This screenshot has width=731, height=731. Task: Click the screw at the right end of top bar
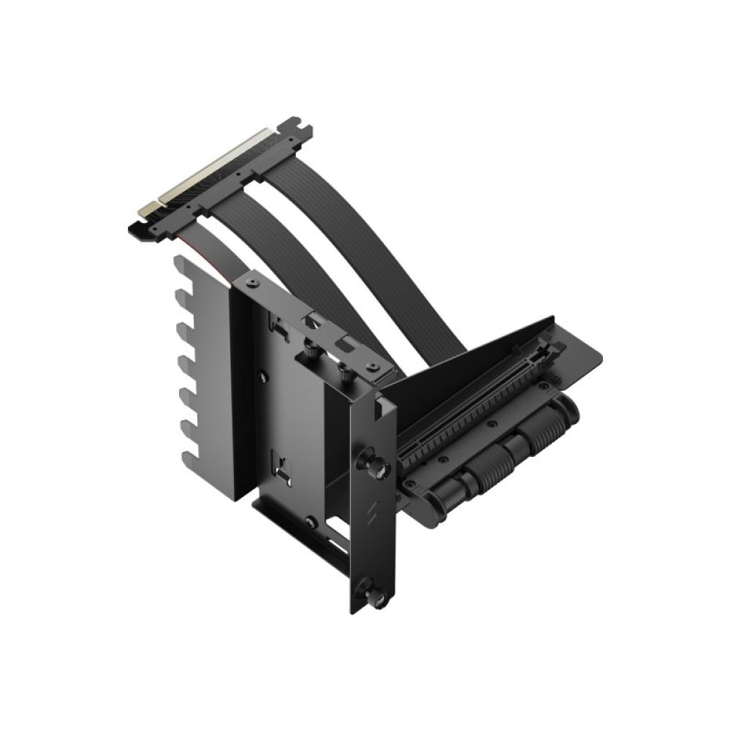click(373, 365)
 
